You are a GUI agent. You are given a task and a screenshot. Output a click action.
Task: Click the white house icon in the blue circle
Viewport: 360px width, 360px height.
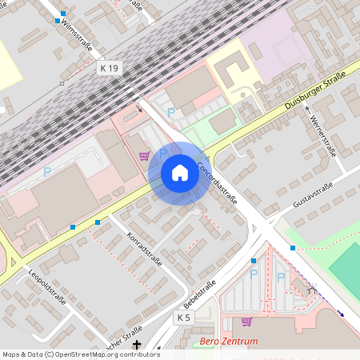point(180,173)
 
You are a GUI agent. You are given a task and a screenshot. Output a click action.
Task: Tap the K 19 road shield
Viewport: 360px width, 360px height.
point(110,69)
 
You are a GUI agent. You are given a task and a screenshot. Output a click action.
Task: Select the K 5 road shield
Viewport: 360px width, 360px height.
point(184,318)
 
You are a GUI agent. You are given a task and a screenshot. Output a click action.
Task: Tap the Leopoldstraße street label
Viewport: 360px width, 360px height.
point(48,288)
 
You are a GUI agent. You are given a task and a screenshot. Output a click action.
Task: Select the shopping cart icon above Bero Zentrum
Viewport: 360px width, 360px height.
point(246,322)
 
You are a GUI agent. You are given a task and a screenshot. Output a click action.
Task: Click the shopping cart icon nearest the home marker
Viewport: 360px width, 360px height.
point(144,155)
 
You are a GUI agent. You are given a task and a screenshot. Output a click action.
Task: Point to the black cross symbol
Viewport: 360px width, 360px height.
point(137,344)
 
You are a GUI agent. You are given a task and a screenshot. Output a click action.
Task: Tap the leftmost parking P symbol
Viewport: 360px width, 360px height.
point(46,171)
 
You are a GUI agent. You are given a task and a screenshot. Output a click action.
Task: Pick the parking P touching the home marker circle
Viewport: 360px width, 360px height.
point(164,151)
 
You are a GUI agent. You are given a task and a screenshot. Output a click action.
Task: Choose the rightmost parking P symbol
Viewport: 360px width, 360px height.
point(281,277)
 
